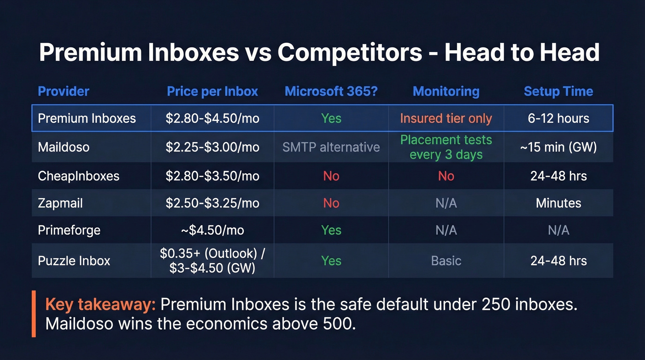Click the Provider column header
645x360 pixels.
64,91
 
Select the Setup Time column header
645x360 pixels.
558,91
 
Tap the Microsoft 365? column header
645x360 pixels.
331,91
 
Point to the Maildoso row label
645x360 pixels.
64,147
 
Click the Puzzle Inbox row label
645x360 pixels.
74,260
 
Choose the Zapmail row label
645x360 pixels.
60,203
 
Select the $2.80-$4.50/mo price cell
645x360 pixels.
212,118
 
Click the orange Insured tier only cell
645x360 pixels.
446,118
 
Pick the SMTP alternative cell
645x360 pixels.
331,147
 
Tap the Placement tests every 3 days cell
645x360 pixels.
446,147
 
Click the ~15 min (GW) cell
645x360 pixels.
558,147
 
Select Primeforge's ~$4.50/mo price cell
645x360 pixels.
212,230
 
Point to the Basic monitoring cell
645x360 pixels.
446,260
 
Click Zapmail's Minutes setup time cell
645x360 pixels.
558,203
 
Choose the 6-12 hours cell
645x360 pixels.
558,118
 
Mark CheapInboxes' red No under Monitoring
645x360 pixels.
446,176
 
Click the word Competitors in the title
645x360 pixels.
350,52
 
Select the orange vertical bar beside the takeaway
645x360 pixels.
34,313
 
